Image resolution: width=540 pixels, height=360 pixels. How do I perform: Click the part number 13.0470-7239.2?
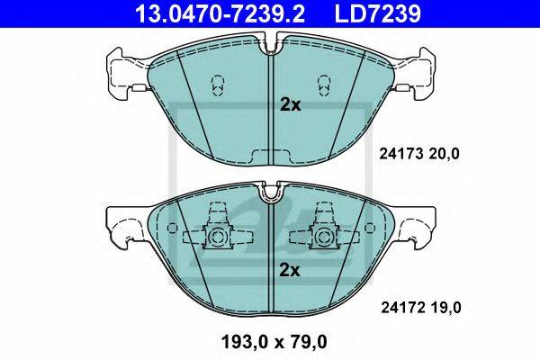[x=220, y=13]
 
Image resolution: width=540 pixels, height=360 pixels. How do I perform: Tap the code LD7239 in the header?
[x=377, y=13]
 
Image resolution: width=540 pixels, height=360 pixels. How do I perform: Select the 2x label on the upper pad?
[x=291, y=105]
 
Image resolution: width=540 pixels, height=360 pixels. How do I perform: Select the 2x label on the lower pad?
[x=290, y=270]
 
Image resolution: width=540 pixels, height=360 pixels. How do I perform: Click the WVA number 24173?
[x=400, y=154]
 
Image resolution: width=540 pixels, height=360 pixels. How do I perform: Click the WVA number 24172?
[x=402, y=308]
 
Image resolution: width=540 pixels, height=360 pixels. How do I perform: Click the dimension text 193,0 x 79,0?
[x=274, y=342]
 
